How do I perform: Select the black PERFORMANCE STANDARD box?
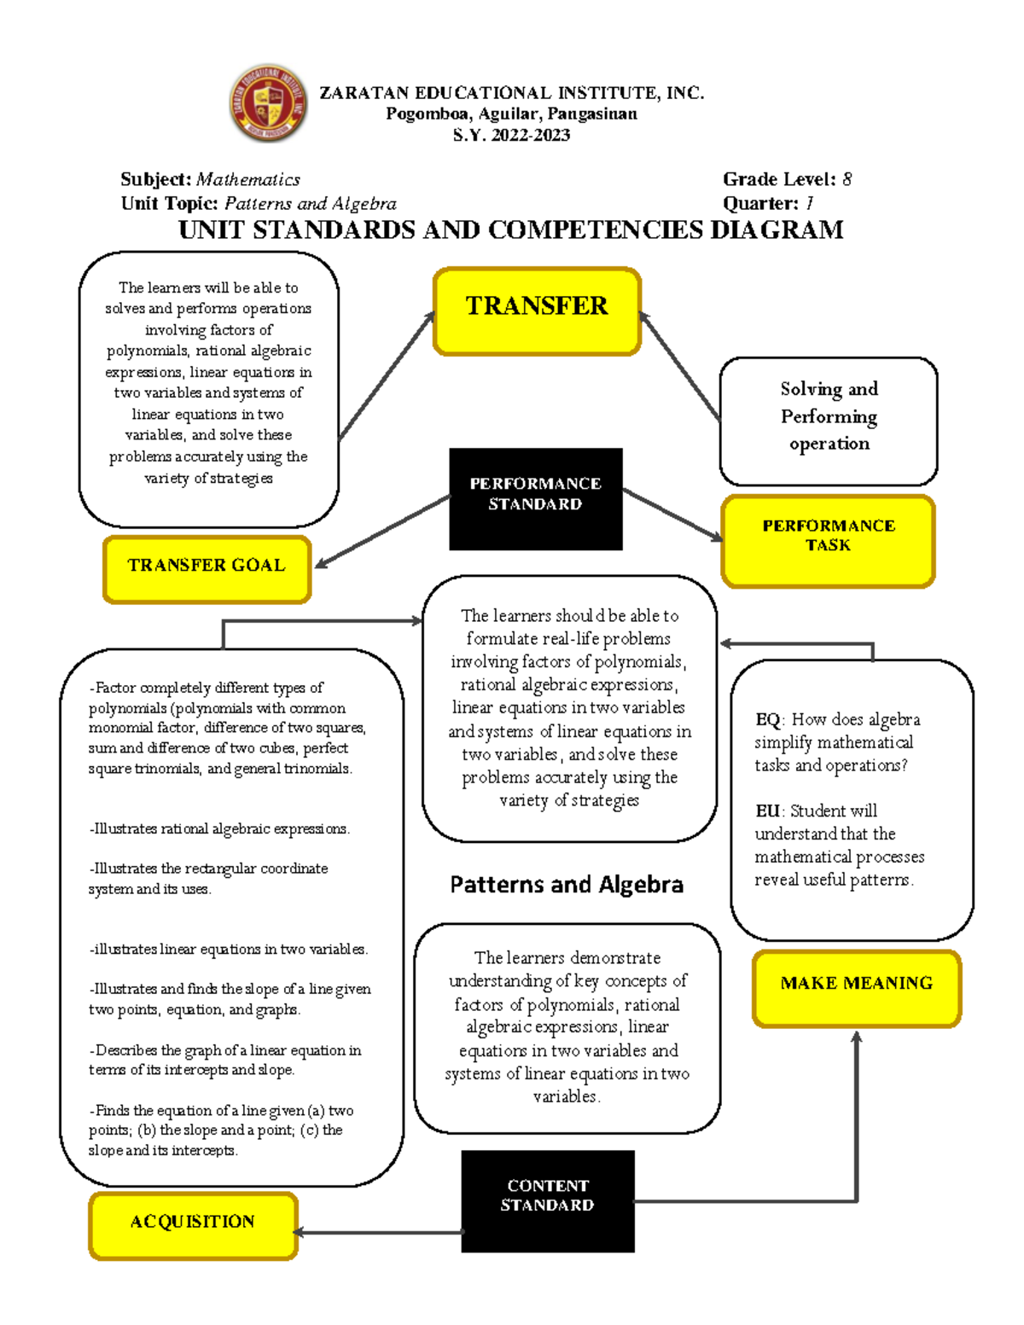click(x=536, y=498)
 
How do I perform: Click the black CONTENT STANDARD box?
click(x=548, y=1200)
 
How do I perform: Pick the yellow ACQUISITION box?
click(x=193, y=1225)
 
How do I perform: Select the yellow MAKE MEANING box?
click(x=856, y=988)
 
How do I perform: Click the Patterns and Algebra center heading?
click(x=567, y=885)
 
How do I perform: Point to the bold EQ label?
click(x=767, y=719)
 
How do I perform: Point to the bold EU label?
click(x=767, y=811)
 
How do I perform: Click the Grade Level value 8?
click(x=847, y=179)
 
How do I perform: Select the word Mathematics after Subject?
click(x=247, y=179)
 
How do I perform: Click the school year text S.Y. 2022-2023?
click(x=511, y=135)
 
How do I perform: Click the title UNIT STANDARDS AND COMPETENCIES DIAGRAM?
click(x=510, y=230)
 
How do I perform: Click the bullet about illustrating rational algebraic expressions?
click(x=219, y=829)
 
